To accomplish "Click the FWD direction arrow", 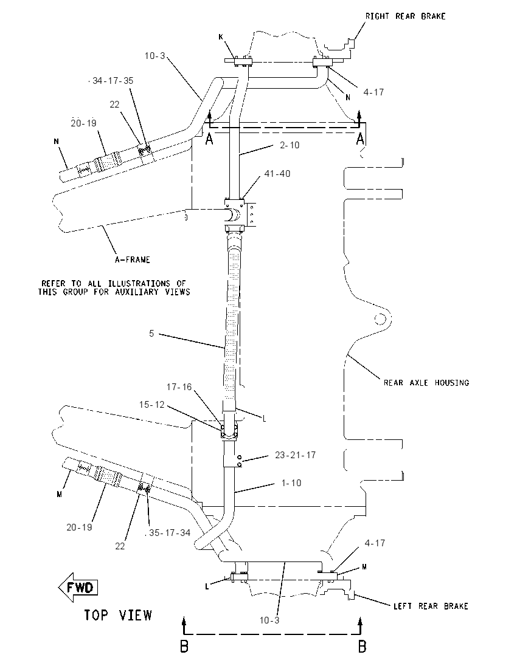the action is tap(78, 588).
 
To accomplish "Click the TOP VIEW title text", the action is tap(118, 615).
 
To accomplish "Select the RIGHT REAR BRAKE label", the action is tap(406, 16).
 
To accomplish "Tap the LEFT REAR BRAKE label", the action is tap(431, 606).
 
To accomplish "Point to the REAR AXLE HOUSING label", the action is tap(426, 383).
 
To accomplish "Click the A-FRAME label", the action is tap(132, 259).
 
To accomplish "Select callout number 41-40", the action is tap(277, 173).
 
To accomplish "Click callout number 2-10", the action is tap(290, 145).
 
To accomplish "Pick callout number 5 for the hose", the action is tap(151, 334).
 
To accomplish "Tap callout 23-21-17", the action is tap(296, 455).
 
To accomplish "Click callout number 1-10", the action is tap(291, 483).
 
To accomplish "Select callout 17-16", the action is tap(179, 387).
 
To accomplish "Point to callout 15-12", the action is tap(152, 405).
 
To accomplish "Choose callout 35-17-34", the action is tap(170, 533).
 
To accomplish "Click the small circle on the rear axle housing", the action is tap(380, 318).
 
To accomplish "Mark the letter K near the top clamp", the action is tap(221, 37).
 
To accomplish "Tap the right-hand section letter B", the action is tap(362, 647).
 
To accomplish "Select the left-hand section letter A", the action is tap(209, 139).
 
